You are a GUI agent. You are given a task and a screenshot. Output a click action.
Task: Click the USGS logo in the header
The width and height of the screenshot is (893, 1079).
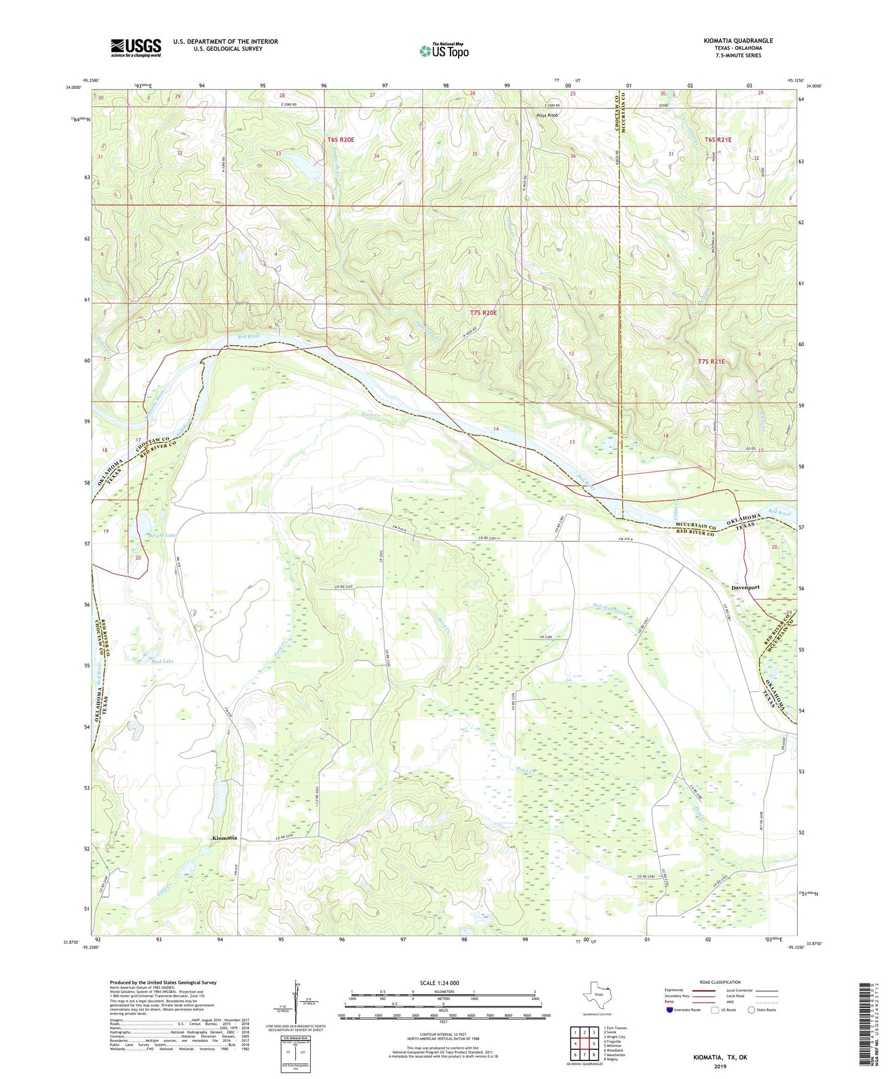(136, 48)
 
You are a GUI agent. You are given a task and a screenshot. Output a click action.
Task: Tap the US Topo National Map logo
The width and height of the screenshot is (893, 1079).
(444, 51)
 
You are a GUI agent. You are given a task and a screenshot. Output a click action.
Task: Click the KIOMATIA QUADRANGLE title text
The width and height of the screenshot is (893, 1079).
(738, 41)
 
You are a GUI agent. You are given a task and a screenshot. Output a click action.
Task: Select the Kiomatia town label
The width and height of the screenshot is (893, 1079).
(224, 838)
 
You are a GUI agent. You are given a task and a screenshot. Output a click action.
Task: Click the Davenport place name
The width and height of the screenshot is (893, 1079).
(745, 587)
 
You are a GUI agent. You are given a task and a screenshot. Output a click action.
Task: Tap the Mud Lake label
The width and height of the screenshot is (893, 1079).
(163, 661)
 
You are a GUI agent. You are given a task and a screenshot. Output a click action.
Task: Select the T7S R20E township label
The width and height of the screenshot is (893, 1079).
(483, 313)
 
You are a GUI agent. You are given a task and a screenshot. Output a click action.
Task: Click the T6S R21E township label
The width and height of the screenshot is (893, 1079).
(717, 140)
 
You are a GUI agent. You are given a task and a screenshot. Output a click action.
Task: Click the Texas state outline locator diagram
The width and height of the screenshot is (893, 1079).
(596, 996)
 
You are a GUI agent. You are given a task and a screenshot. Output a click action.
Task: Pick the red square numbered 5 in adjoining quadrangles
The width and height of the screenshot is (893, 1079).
(586, 1044)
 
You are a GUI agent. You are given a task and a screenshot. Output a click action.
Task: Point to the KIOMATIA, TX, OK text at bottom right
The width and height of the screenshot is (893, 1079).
(720, 1057)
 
